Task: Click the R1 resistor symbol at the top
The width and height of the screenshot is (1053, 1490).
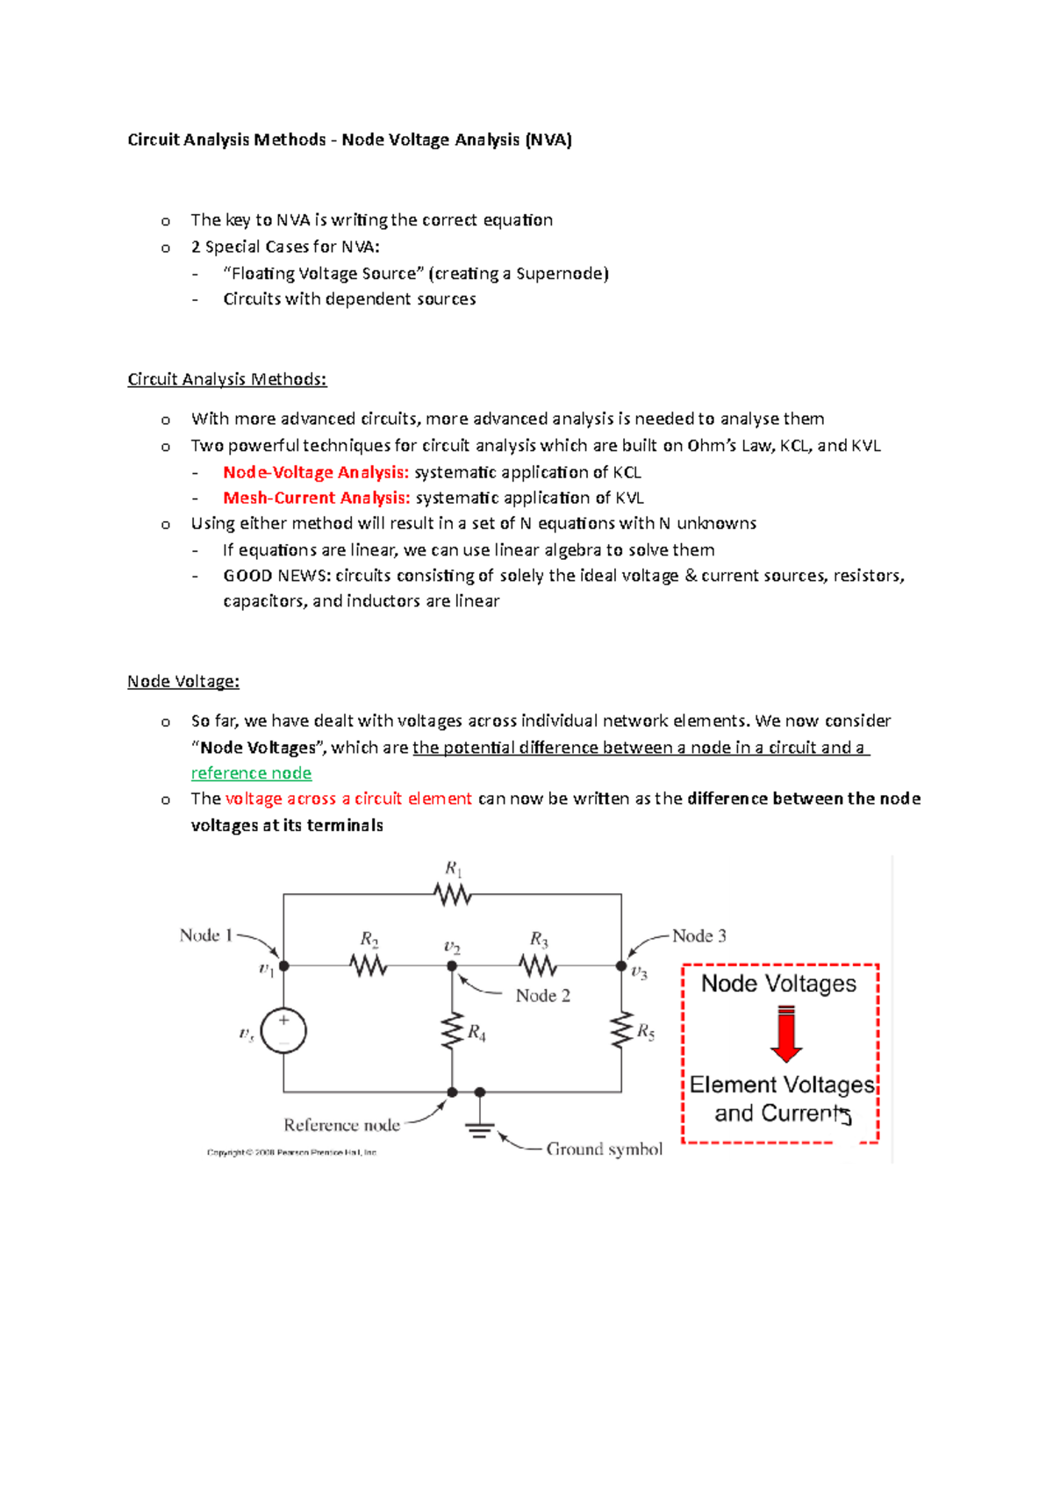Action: coord(452,894)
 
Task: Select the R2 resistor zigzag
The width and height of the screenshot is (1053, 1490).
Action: coord(369,965)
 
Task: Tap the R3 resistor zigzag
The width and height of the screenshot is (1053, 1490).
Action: coord(537,965)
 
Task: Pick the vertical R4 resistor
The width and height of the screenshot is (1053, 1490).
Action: coord(452,1031)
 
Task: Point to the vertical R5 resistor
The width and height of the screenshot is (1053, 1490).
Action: coord(621,1030)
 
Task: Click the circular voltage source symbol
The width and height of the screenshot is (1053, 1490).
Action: coord(283,1030)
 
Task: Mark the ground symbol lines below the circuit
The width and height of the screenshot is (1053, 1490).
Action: coord(479,1129)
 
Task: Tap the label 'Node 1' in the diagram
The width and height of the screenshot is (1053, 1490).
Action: coord(205,935)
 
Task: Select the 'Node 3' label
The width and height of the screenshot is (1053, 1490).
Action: coord(699,936)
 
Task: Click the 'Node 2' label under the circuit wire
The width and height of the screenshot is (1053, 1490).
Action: coord(542,996)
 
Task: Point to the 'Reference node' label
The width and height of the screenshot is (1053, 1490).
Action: coord(341,1125)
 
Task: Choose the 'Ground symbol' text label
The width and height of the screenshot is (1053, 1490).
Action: coord(604,1149)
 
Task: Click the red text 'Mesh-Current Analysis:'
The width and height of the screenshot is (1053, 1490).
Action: coord(316,498)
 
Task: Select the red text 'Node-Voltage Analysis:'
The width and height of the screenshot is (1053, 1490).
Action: coord(316,472)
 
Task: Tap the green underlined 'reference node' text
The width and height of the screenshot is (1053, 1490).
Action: coord(251,773)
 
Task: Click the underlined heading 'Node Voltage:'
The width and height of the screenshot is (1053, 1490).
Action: coord(183,681)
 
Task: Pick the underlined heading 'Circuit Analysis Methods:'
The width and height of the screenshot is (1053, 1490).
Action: coord(226,379)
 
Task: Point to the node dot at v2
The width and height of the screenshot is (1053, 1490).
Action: coord(452,965)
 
